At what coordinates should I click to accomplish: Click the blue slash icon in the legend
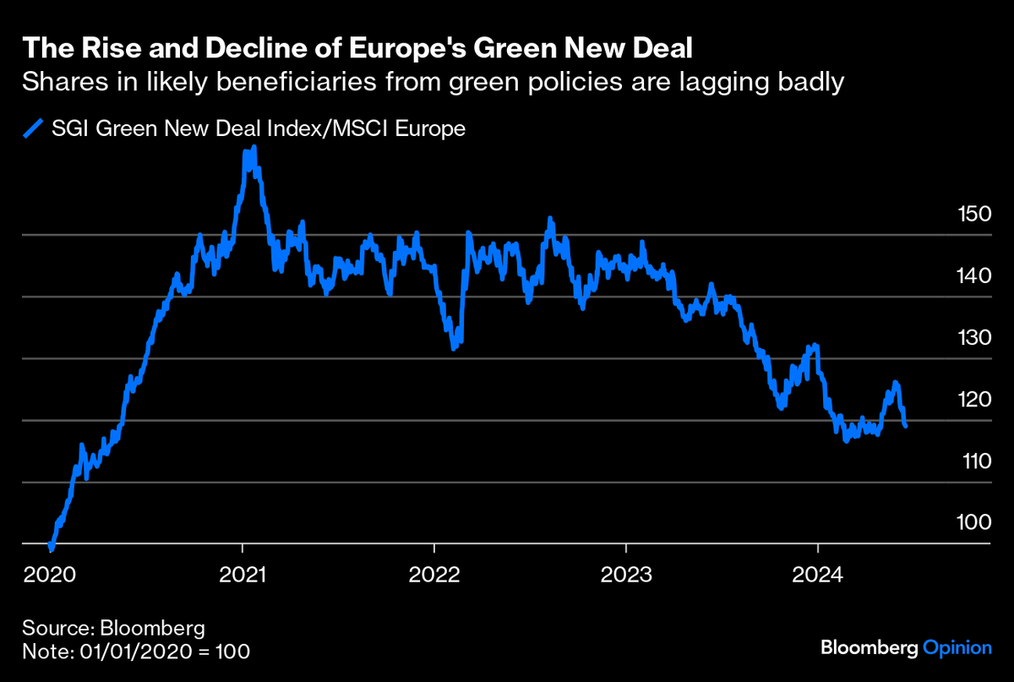coord(32,128)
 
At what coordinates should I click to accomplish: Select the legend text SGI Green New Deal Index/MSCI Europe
coord(259,129)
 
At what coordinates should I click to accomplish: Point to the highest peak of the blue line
coord(253,148)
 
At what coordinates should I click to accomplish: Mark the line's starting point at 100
coord(52,548)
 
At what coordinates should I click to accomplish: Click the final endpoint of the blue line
coord(906,426)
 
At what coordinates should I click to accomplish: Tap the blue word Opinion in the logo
coord(957,648)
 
